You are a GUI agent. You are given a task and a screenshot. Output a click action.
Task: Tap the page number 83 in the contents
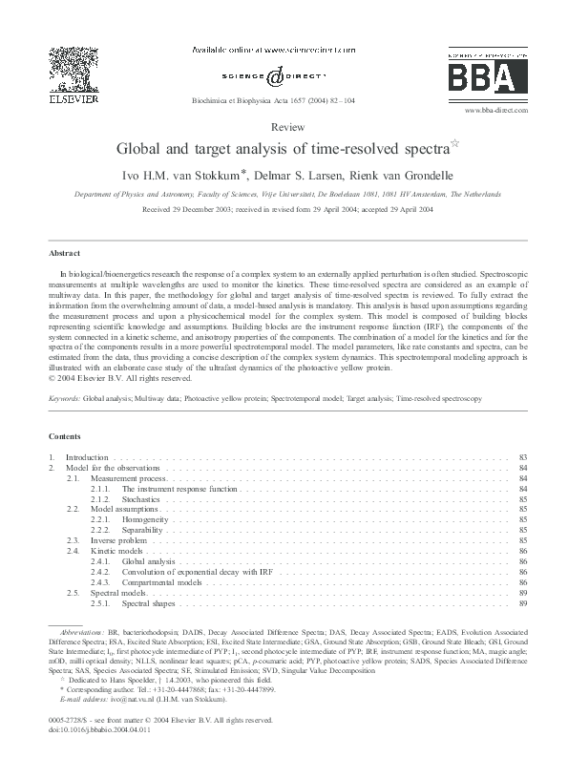[523, 458]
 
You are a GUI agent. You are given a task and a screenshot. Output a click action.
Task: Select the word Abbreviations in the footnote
[82, 633]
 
